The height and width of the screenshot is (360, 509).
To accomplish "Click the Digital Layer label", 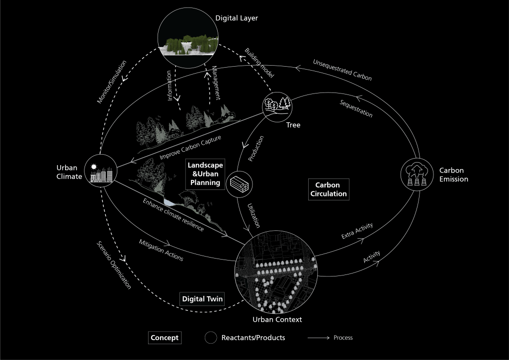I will [237, 18].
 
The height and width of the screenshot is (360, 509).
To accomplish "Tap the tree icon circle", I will [277, 105].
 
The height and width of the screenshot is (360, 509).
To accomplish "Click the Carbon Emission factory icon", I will [416, 174].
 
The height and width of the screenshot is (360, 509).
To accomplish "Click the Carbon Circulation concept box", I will [329, 189].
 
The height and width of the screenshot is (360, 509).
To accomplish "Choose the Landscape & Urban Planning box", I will [205, 174].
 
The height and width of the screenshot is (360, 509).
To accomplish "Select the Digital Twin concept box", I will [202, 299].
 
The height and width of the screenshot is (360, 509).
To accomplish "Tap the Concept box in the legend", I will [165, 338].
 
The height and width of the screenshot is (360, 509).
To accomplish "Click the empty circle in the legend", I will [210, 338].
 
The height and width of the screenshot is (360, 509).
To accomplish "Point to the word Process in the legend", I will [343, 338].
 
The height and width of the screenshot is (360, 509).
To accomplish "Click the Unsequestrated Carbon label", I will [342, 70].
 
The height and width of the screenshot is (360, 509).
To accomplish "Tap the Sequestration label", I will [356, 108].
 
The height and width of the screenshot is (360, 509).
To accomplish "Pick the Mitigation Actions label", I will [161, 251].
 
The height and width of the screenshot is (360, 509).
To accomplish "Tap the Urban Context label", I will [277, 319].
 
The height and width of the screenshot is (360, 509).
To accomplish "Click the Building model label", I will [259, 63].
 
